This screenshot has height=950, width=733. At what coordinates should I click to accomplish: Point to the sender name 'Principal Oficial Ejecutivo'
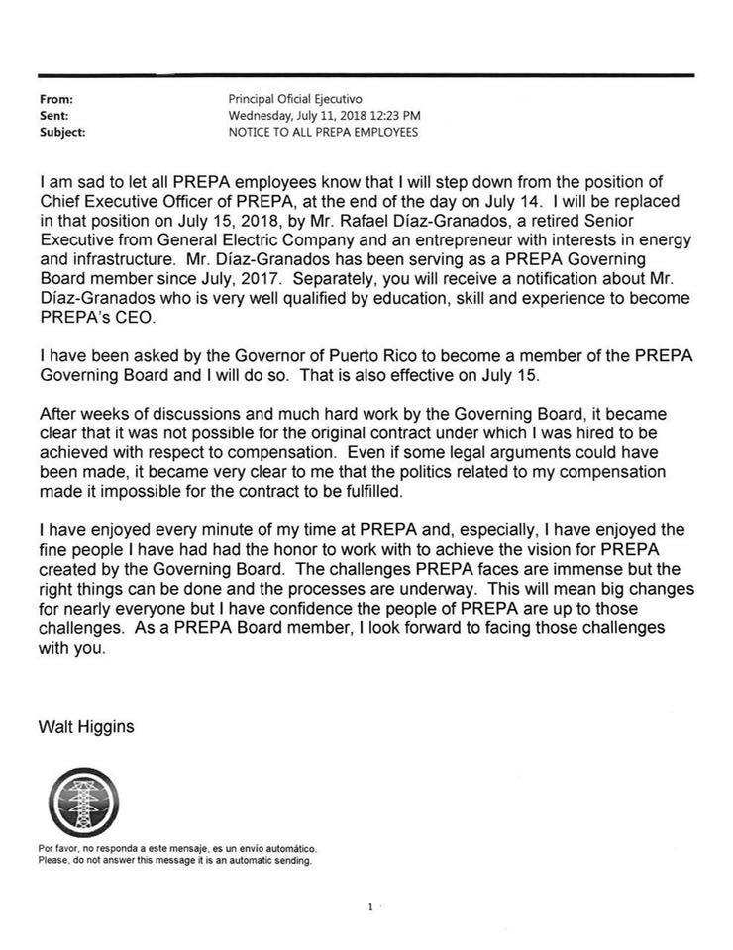pyautogui.click(x=295, y=99)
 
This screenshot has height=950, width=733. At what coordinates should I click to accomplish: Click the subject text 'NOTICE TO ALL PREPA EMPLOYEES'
pyautogui.click(x=323, y=131)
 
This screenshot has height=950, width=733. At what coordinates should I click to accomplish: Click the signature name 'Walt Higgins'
pyautogui.click(x=86, y=727)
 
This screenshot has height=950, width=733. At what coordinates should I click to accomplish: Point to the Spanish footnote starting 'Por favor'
pyautogui.click(x=178, y=849)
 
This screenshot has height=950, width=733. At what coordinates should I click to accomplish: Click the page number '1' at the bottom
pyautogui.click(x=369, y=906)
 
